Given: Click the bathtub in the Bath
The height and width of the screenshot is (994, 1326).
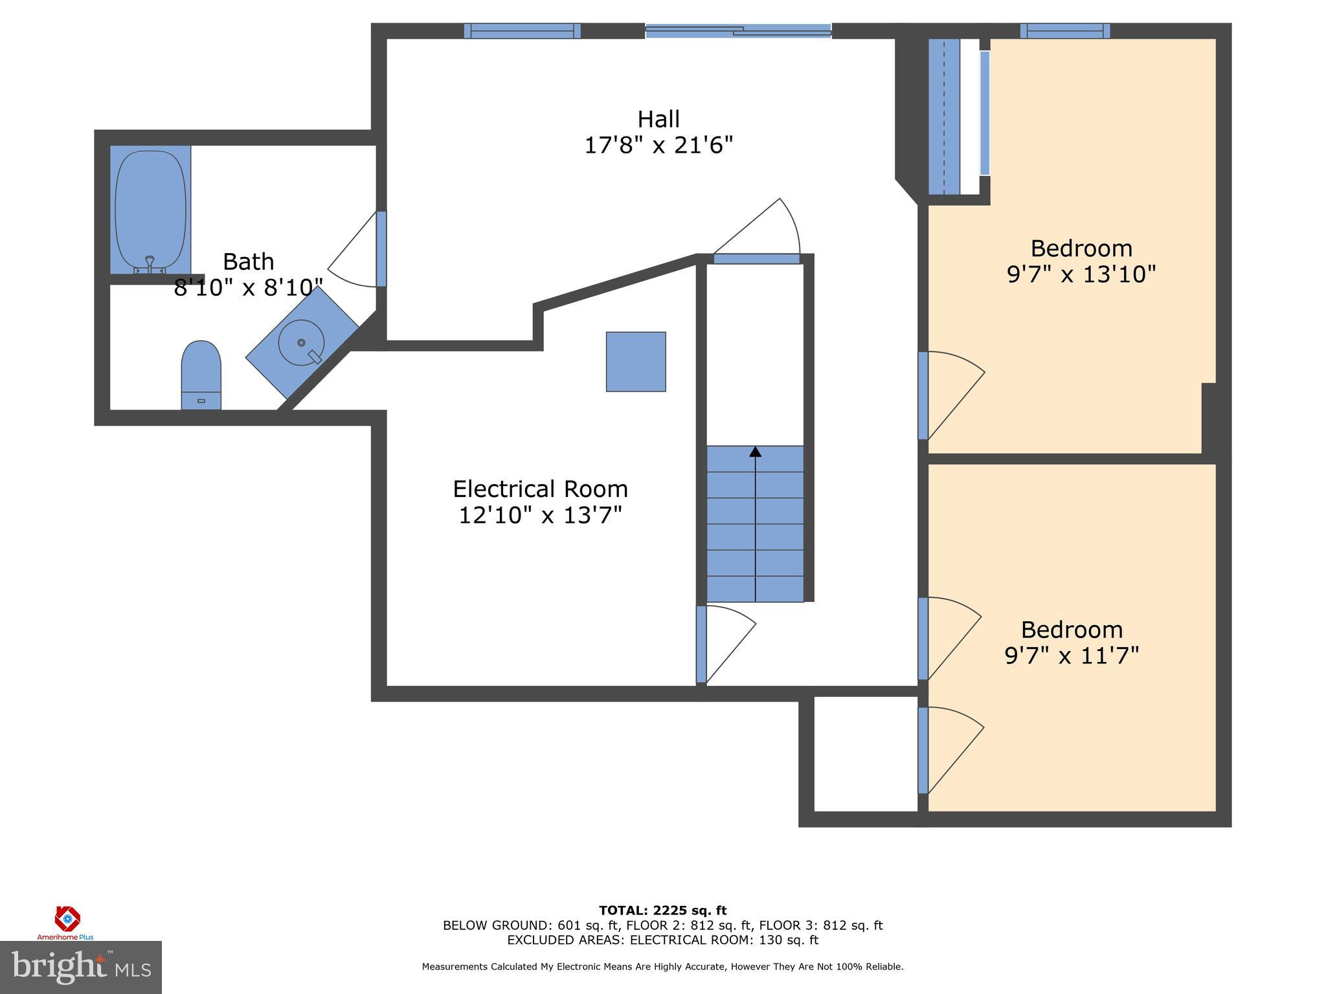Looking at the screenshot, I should (x=150, y=210).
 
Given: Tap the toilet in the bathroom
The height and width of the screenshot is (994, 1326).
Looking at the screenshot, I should (x=201, y=375).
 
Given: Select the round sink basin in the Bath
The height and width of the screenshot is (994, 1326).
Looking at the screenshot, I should (x=301, y=342).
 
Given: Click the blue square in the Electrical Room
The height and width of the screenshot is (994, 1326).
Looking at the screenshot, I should (x=636, y=362).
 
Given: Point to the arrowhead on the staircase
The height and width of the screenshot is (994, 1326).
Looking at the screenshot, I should (x=755, y=452).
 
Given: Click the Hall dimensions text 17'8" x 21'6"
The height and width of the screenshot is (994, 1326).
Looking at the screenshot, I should (x=658, y=145).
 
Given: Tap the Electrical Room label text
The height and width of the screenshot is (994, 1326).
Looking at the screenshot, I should (x=540, y=489).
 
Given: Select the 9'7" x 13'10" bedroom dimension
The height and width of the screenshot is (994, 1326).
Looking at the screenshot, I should (x=1081, y=274).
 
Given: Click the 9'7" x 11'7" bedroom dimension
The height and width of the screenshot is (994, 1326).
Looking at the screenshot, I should (x=1072, y=656).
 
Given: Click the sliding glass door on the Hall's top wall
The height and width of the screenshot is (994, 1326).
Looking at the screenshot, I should (x=738, y=30).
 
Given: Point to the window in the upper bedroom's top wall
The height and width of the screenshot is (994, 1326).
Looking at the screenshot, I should (x=1065, y=30).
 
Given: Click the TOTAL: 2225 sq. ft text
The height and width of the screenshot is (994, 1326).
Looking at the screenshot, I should (x=662, y=911).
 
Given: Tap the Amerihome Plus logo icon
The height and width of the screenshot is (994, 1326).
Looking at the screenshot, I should (x=67, y=918).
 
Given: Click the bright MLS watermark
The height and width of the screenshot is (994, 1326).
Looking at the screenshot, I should (x=80, y=967).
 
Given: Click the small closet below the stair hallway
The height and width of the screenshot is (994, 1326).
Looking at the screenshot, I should (x=865, y=753).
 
